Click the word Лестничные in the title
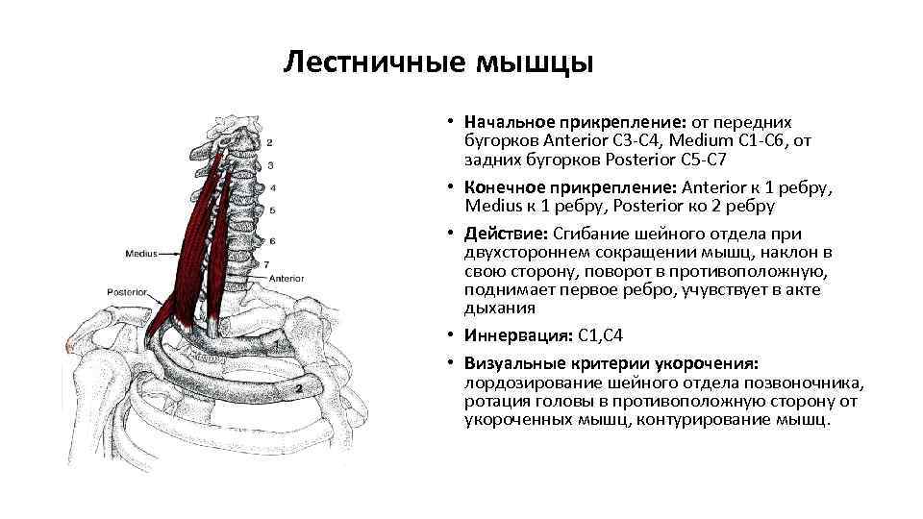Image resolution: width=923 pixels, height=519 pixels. tap(375, 63)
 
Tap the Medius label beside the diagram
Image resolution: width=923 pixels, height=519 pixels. tap(141, 254)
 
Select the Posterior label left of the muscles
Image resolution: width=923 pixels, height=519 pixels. tap(128, 290)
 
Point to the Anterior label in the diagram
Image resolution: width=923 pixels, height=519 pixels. tap(287, 278)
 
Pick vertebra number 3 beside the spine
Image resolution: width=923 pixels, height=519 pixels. tap(272, 166)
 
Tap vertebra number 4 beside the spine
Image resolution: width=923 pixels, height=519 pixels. tap(273, 188)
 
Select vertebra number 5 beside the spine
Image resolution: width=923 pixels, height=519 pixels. tap(273, 210)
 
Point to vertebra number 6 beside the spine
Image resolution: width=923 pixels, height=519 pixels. tap(273, 240)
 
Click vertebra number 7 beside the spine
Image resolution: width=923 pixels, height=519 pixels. tap(266, 264)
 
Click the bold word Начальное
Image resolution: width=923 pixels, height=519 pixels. tap(508, 123)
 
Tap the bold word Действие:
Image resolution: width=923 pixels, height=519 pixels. tap(506, 235)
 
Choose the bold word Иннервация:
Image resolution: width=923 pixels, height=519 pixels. tap(519, 336)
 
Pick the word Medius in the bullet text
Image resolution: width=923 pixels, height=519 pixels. tap(491, 207)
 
